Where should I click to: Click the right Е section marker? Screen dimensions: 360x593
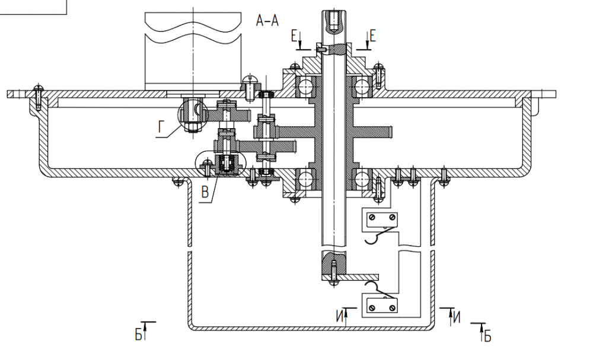372,37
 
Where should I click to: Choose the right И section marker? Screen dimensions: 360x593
455,317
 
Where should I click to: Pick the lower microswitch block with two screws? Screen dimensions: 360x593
380,305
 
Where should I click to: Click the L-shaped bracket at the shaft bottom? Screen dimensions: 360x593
356,276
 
